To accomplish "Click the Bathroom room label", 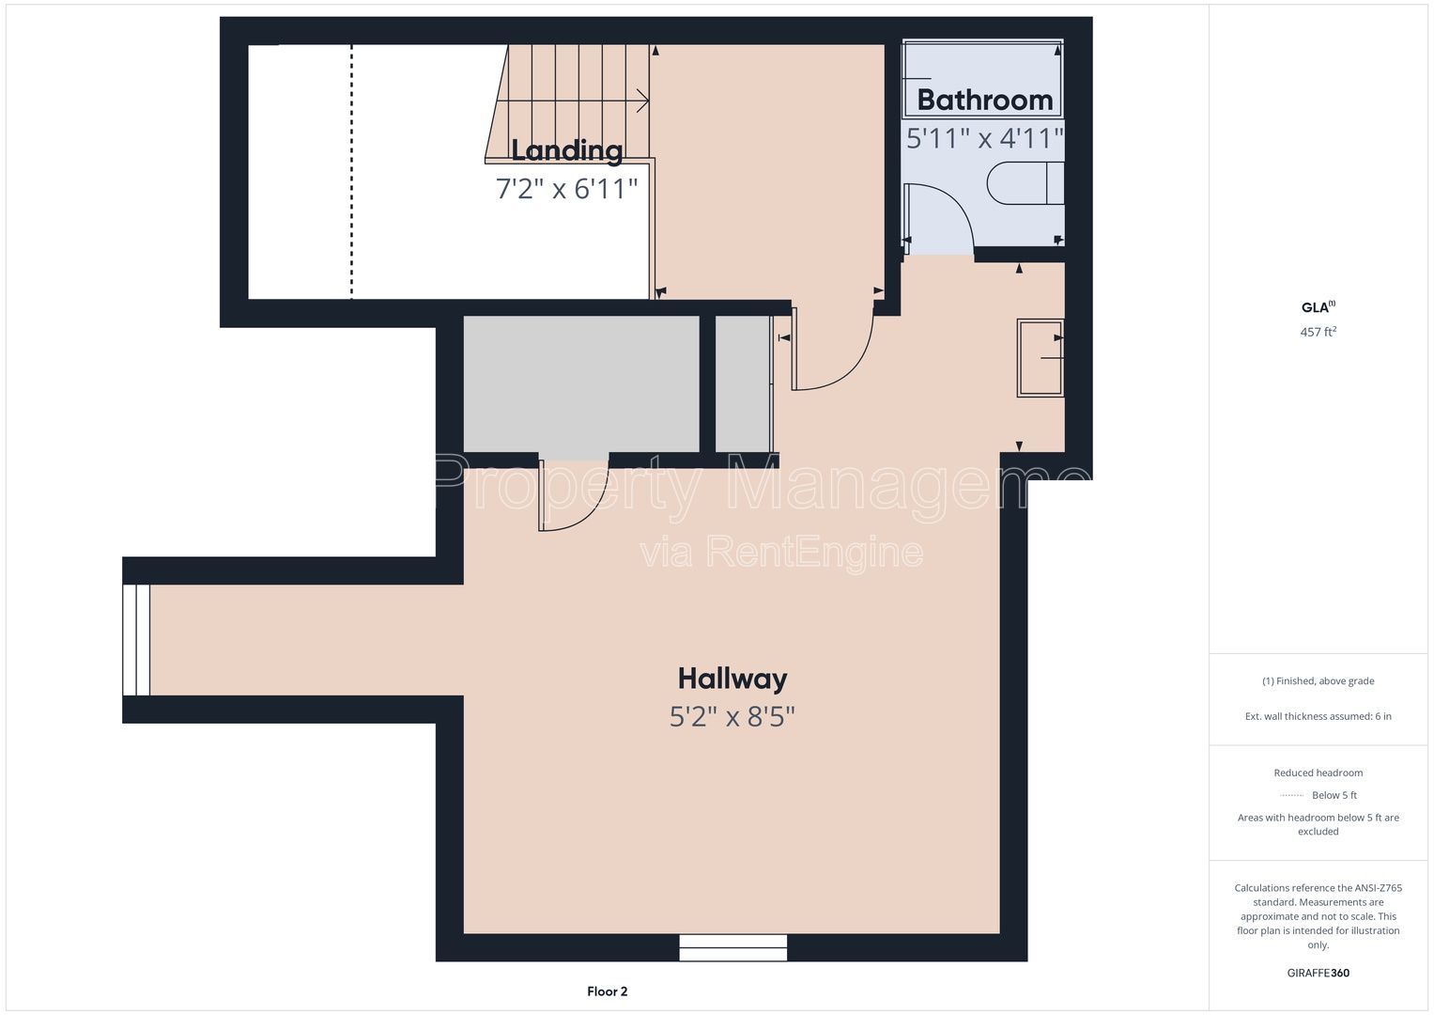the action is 984,100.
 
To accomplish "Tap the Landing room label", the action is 566,150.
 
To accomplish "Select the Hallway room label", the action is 732,679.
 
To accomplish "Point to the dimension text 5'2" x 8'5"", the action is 732,716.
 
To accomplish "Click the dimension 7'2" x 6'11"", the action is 566,188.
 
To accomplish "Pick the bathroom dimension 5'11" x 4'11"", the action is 984,138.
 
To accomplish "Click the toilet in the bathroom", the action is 1025,183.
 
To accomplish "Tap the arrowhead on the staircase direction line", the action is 642,101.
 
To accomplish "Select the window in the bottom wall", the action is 733,947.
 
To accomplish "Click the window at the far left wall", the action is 136,639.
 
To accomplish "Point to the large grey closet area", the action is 580,384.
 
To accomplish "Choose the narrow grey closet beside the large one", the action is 743,384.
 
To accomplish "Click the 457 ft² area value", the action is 1318,331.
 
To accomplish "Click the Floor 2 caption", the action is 607,992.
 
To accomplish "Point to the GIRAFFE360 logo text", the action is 1318,973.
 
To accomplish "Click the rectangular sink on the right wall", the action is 1041,357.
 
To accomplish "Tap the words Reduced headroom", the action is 1318,773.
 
